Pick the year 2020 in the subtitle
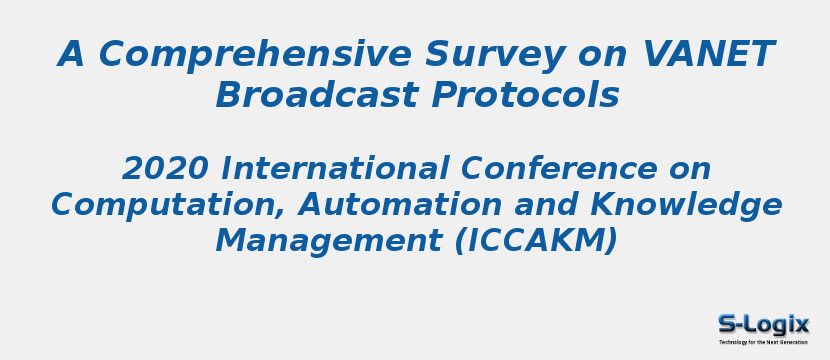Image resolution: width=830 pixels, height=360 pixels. click(x=166, y=168)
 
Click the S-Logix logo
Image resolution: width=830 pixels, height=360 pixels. click(x=763, y=325)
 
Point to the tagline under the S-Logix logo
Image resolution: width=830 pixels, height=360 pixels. click(x=763, y=342)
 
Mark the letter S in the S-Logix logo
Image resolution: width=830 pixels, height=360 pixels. click(x=729, y=324)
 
